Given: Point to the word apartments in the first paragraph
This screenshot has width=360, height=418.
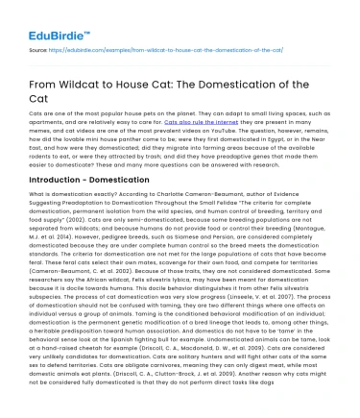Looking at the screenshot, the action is point(51,123).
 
